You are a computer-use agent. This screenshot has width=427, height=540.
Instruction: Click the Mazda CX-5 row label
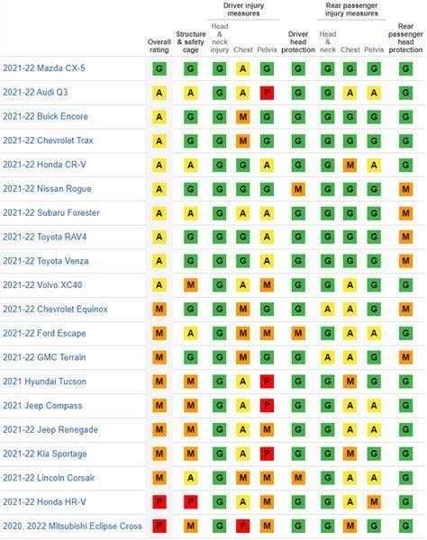[44, 68]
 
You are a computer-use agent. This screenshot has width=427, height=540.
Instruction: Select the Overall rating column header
[159, 46]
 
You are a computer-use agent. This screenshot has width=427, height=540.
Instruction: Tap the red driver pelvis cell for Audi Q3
[267, 93]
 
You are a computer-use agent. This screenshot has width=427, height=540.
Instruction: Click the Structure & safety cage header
[191, 42]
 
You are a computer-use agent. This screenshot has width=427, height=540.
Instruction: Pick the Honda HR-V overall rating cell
[159, 502]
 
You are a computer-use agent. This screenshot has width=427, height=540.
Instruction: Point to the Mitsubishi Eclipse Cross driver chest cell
[243, 526]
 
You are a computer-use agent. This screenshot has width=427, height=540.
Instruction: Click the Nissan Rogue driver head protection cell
[298, 189]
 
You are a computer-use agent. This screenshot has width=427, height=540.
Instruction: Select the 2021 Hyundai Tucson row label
[44, 382]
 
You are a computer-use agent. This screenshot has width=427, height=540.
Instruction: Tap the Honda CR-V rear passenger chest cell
[350, 165]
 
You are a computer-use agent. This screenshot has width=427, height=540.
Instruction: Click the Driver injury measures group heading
[243, 10]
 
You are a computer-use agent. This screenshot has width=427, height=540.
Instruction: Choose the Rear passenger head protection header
[405, 38]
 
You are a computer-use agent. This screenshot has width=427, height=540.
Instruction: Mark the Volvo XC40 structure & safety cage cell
[191, 284]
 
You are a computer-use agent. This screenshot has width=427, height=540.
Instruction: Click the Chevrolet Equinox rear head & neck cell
[327, 309]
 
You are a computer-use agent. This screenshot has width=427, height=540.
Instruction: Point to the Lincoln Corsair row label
[49, 478]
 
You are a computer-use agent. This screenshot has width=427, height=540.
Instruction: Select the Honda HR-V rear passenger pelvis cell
[374, 502]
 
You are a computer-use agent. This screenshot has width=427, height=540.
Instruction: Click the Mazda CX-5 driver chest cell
[243, 68]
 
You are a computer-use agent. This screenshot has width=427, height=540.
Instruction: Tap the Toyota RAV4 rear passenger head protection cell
[405, 237]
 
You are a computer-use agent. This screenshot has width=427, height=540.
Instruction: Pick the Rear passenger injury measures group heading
[351, 10]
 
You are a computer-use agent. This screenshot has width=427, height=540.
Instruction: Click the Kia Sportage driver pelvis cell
[267, 454]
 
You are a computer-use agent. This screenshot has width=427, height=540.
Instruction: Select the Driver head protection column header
[298, 42]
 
